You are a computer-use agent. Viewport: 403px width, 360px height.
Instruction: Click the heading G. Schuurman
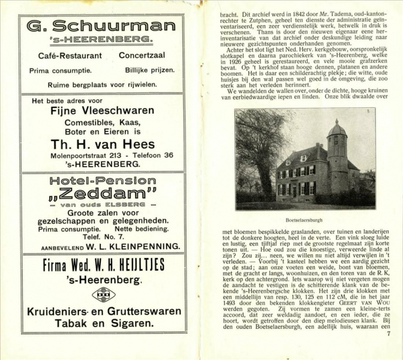[x=101, y=26]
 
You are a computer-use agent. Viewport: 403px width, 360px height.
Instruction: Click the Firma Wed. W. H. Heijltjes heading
[x=101, y=266]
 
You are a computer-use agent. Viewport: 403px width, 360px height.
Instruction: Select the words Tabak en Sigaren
[x=101, y=324]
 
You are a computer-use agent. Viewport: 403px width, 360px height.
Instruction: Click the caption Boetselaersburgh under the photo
[x=305, y=220]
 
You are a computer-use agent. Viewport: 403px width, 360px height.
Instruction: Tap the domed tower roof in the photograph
[x=337, y=129]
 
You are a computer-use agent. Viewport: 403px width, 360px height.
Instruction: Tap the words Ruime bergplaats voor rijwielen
[x=101, y=84]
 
